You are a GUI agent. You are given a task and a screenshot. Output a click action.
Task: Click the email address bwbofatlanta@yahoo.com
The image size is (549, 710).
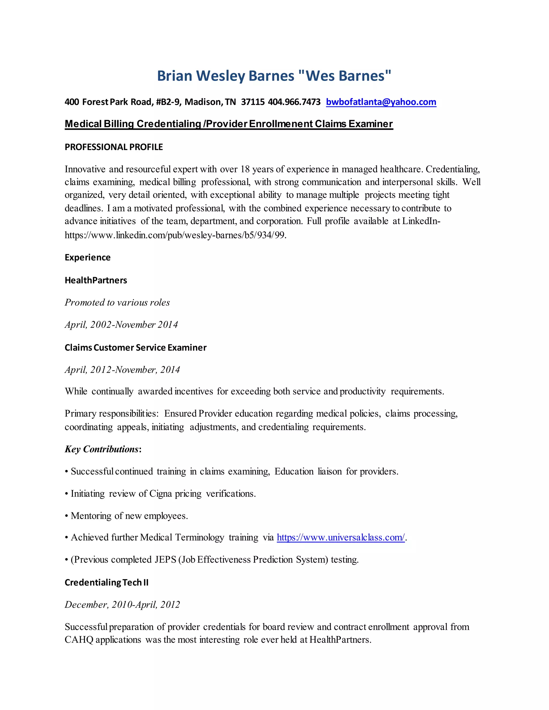tap(381, 102)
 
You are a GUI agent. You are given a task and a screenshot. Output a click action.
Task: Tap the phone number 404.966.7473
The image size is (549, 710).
tap(294, 102)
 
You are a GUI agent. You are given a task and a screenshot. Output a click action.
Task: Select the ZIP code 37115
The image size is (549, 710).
tap(253, 102)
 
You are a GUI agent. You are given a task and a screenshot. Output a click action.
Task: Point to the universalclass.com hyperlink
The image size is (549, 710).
tap(340, 537)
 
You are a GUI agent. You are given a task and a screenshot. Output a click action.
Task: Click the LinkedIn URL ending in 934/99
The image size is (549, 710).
tap(175, 235)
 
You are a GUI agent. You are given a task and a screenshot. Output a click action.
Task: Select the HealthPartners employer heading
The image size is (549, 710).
tap(96, 280)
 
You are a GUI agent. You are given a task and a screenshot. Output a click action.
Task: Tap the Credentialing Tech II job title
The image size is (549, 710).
tap(106, 582)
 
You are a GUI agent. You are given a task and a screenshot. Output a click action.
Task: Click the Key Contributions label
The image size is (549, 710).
tap(102, 449)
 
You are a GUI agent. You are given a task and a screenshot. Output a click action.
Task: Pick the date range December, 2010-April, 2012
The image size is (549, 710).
tap(122, 604)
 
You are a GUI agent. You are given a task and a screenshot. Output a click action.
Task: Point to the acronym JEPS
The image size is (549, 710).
tap(165, 559)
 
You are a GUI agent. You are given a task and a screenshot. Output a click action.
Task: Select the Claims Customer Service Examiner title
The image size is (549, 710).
tap(135, 347)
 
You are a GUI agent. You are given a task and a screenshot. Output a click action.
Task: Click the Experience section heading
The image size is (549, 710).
tap(87, 257)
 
